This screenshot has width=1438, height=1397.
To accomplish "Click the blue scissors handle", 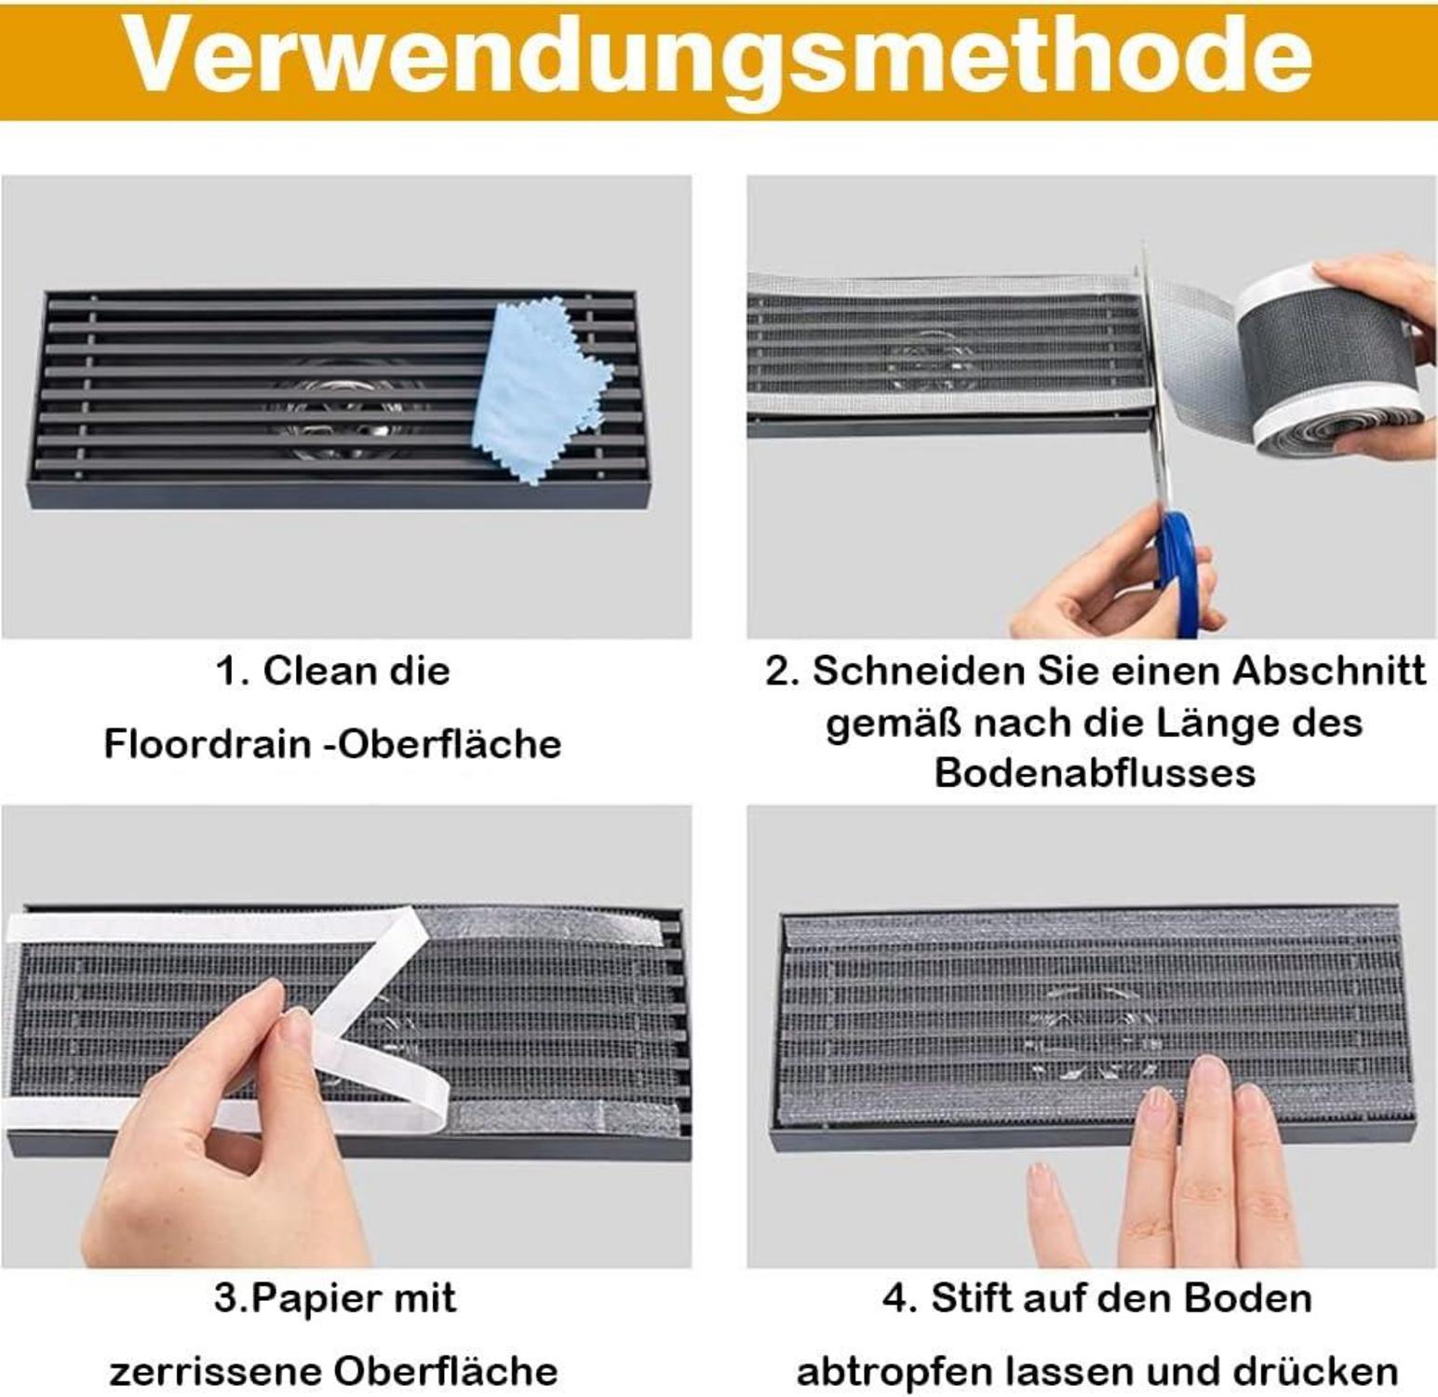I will [x=1179, y=568].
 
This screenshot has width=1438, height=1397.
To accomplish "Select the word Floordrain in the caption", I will [x=208, y=744].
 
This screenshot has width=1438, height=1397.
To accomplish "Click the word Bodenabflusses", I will [x=1095, y=773].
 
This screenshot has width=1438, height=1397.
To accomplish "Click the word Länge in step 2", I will [x=1226, y=723].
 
